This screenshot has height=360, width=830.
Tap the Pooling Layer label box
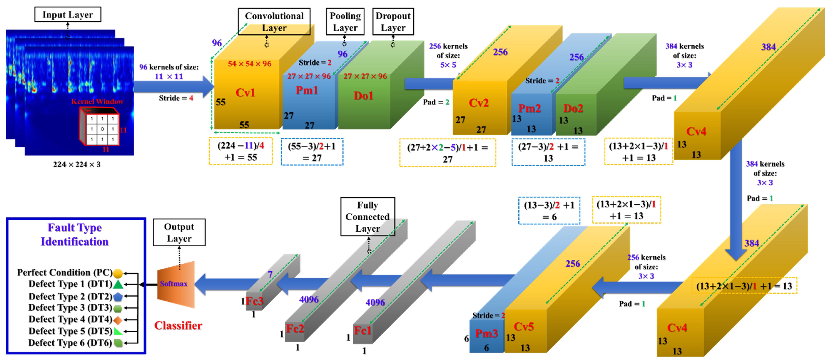[345, 22]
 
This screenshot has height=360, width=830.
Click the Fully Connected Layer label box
[368, 217]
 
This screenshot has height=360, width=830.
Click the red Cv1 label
[245, 93]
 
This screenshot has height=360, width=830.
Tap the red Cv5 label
[524, 327]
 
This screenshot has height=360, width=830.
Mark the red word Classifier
[178, 326]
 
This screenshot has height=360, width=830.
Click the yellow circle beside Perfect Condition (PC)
[118, 273]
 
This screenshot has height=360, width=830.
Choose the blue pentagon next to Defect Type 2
[118, 297]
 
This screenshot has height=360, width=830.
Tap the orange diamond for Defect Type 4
[118, 320]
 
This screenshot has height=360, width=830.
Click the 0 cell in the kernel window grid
[102, 129]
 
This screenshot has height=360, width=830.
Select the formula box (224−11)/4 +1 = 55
[241, 151]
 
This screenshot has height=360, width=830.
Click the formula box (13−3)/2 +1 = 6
[549, 211]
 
